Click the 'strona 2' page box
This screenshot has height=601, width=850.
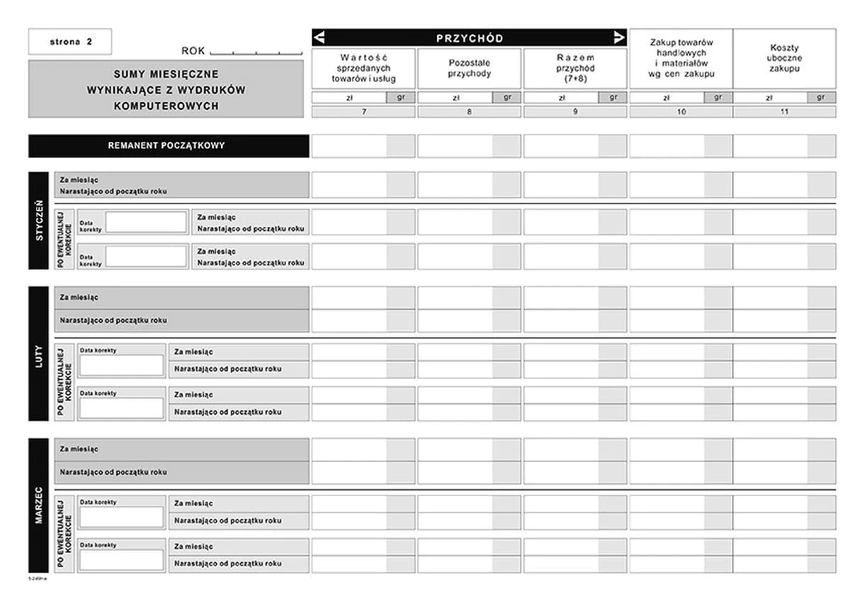click(70, 41)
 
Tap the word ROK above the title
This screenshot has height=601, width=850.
click(193, 51)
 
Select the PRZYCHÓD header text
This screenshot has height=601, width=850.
click(469, 38)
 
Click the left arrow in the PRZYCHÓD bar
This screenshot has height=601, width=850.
click(319, 38)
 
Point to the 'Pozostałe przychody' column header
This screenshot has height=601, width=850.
click(469, 68)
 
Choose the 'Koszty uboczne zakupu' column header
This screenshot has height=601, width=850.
click(783, 58)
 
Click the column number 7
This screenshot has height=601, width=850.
click(363, 112)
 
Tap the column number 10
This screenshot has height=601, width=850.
click(681, 112)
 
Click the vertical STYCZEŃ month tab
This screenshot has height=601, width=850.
click(39, 220)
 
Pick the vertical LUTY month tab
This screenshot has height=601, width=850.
click(39, 354)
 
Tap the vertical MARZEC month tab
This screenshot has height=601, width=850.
click(39, 505)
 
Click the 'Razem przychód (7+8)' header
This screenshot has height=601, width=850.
click(574, 68)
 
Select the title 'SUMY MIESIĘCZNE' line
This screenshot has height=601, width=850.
click(166, 74)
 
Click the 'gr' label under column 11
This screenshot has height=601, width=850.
click(821, 98)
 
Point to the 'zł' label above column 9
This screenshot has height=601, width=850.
click(560, 98)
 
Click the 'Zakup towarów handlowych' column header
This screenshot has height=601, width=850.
click(681, 58)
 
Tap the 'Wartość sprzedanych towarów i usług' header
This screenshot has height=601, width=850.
click(363, 68)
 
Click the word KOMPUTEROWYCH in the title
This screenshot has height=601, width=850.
click(166, 106)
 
